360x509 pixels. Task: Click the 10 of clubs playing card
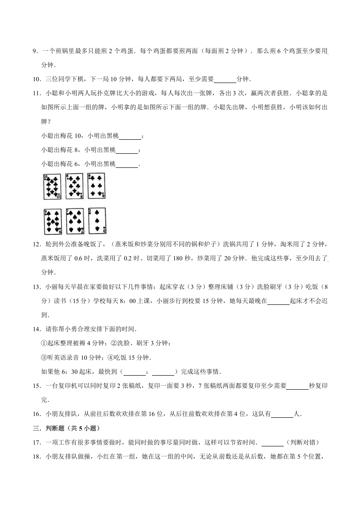pyautogui.click(x=52, y=186)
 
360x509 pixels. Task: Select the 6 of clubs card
pyautogui.click(x=96, y=186)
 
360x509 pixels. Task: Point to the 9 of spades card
pyautogui.click(x=53, y=221)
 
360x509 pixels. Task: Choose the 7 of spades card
pyautogui.click(x=74, y=221)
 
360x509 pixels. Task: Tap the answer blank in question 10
pyautogui.click(x=225, y=79)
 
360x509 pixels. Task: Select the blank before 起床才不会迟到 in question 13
pyautogui.click(x=278, y=301)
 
